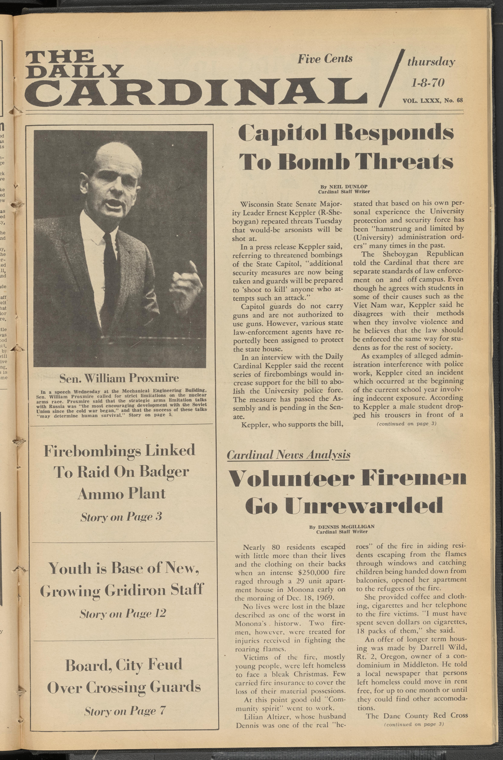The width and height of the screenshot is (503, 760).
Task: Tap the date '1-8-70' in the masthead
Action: [428, 83]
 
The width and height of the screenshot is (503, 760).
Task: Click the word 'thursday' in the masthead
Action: [431, 62]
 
